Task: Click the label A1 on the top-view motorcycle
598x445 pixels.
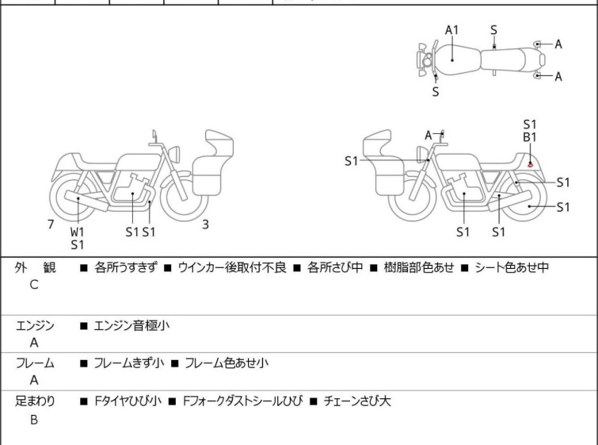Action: [x=452, y=30]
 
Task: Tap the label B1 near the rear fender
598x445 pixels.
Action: [x=530, y=137]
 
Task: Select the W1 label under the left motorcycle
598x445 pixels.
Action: [x=77, y=232]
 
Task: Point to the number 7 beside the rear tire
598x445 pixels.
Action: [x=51, y=224]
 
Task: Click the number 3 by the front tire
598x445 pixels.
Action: [x=205, y=224]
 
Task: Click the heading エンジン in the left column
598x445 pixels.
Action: [x=35, y=325]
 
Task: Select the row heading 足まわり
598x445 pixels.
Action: [x=35, y=401]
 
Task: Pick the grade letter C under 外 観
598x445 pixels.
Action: [x=34, y=286]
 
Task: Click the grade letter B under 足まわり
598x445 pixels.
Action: [x=34, y=420]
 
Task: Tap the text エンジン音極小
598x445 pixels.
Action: [x=131, y=325]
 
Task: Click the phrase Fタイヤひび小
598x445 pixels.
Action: [x=128, y=401]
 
